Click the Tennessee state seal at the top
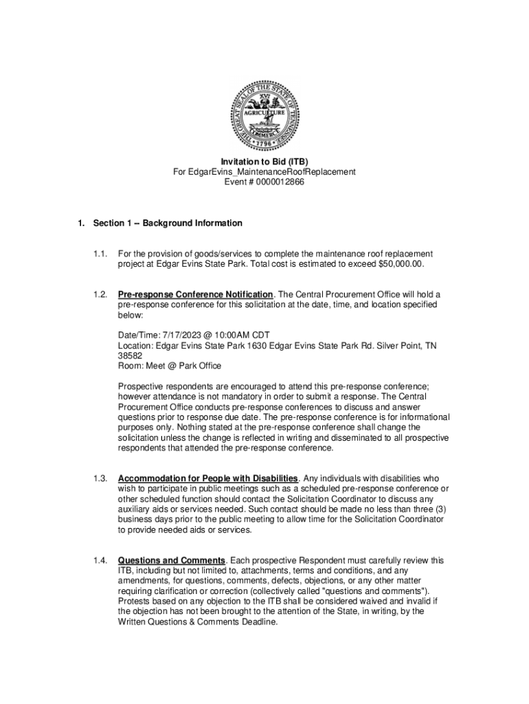coord(264,113)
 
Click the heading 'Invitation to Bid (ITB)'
coord(264,162)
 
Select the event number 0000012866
coord(275,182)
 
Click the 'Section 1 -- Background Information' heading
coord(168,223)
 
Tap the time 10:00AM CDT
coord(236,336)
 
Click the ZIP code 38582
coord(131,356)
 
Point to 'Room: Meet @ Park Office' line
coord(169,366)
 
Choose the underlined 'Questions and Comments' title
coord(172,560)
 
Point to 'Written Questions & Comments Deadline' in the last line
coord(198,622)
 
